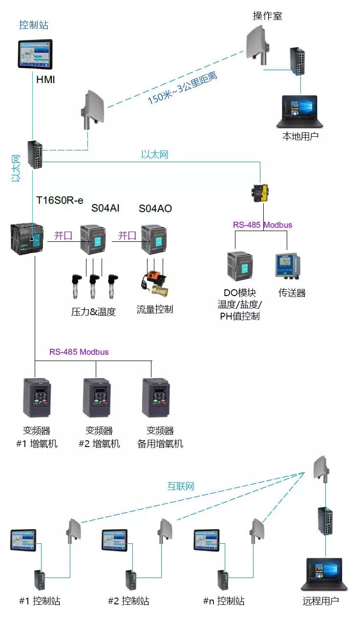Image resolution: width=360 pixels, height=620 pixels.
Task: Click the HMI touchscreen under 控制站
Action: (35, 54)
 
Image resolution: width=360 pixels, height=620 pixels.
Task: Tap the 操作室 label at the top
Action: (267, 16)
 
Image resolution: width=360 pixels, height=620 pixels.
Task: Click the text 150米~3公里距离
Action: (183, 88)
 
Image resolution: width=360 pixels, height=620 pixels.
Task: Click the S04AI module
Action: (93, 239)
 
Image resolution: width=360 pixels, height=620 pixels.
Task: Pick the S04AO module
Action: (153, 239)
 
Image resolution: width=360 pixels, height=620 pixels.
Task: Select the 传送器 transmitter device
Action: (288, 267)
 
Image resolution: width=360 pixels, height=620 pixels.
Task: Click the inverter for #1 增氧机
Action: (37, 397)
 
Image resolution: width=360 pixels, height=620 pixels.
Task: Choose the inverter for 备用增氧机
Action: (156, 397)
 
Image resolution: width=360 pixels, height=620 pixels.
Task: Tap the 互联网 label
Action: (181, 486)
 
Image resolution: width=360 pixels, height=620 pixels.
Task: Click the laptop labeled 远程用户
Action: (320, 574)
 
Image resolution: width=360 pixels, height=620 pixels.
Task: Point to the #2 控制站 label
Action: (128, 601)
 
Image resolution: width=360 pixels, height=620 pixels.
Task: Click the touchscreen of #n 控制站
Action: (207, 540)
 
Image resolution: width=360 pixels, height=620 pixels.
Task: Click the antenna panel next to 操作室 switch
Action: (257, 39)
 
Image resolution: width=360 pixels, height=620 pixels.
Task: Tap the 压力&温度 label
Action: (93, 312)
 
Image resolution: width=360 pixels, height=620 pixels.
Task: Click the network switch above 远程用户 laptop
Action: (325, 521)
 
